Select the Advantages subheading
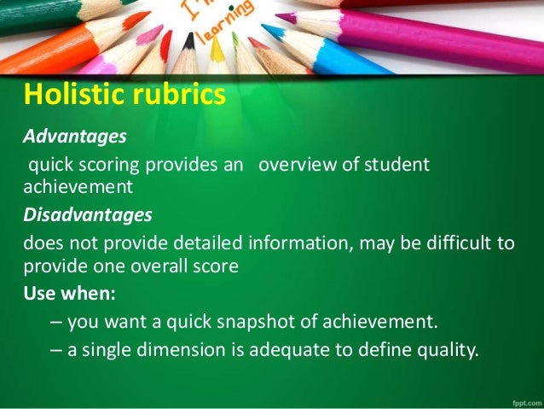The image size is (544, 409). [74, 136]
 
